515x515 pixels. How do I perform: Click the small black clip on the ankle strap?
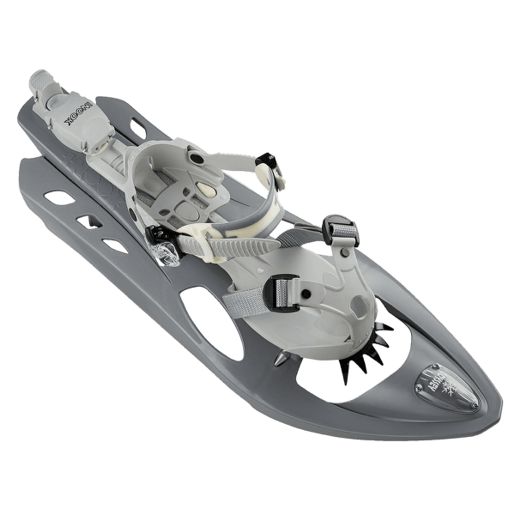pyautogui.click(x=267, y=160)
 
